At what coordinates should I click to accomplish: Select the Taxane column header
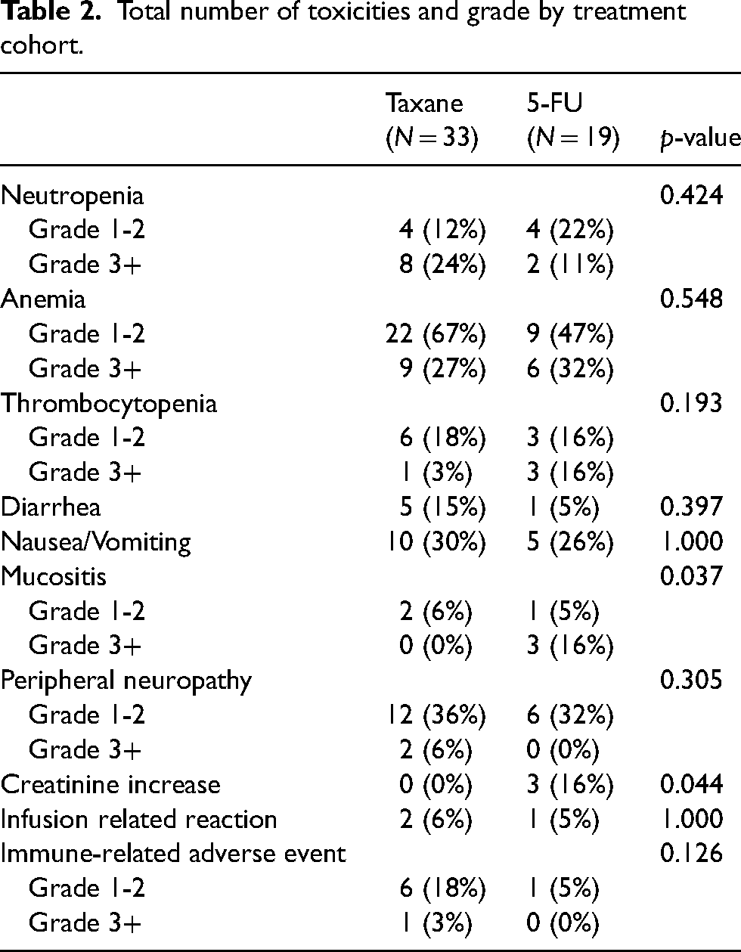tap(432, 121)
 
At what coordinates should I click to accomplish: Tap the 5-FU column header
tap(573, 121)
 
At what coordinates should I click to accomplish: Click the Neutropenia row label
tap(73, 196)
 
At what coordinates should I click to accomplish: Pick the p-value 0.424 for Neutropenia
tap(692, 195)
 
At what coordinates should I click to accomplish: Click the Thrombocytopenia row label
tap(109, 404)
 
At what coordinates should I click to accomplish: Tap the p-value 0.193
tap(692, 403)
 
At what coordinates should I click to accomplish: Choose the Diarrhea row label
tap(51, 507)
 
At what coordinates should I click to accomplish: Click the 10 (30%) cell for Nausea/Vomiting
tap(436, 542)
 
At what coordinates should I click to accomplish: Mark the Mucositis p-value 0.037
tap(692, 576)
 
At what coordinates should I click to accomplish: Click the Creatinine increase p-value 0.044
tap(692, 784)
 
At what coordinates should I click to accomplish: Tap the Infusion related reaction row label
tap(139, 819)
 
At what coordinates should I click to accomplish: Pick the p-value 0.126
tap(692, 854)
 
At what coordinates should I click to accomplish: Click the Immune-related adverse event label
tap(173, 854)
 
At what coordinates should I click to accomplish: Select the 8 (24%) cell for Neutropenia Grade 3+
tap(442, 265)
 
